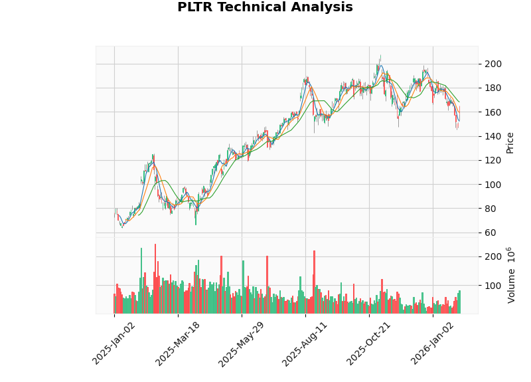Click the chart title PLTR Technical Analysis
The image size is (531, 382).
tap(265, 7)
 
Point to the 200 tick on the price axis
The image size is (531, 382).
tap(493, 64)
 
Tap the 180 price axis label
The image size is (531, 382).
tap(493, 88)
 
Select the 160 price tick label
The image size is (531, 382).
tap(493, 112)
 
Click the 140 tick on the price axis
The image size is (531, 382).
tap(493, 136)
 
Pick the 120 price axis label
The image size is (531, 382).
tap(493, 160)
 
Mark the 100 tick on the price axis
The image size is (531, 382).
tap(493, 184)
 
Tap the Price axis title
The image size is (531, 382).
tap(510, 142)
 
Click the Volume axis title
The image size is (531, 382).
tap(511, 275)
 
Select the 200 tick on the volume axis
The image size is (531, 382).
tap(493, 256)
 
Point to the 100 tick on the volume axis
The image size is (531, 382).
tap(493, 286)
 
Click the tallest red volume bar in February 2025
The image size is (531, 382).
tap(155, 279)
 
